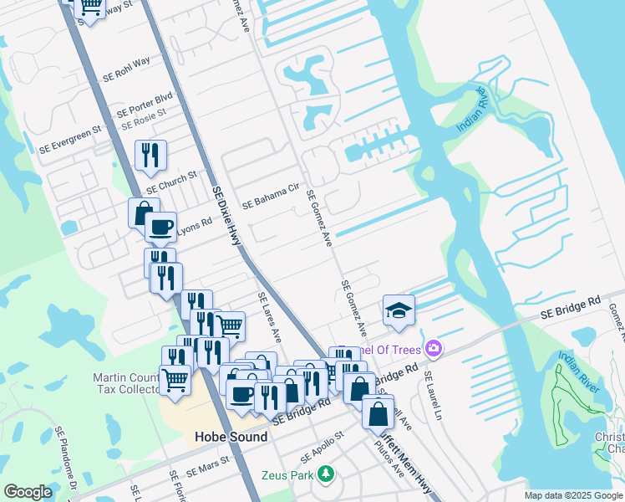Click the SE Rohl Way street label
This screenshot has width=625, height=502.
tap(126, 69)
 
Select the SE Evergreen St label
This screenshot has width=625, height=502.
tap(69, 140)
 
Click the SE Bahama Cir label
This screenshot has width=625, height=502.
tap(270, 198)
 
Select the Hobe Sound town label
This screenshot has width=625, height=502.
tap(231, 437)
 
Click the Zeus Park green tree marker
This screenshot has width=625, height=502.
tap(327, 474)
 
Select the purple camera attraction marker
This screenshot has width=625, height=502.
tap(433, 348)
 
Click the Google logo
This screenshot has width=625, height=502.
tap(28, 492)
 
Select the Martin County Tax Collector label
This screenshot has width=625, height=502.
tap(125, 384)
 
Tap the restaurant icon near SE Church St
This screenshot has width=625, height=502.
tap(150, 155)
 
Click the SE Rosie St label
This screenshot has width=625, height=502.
tap(144, 118)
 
